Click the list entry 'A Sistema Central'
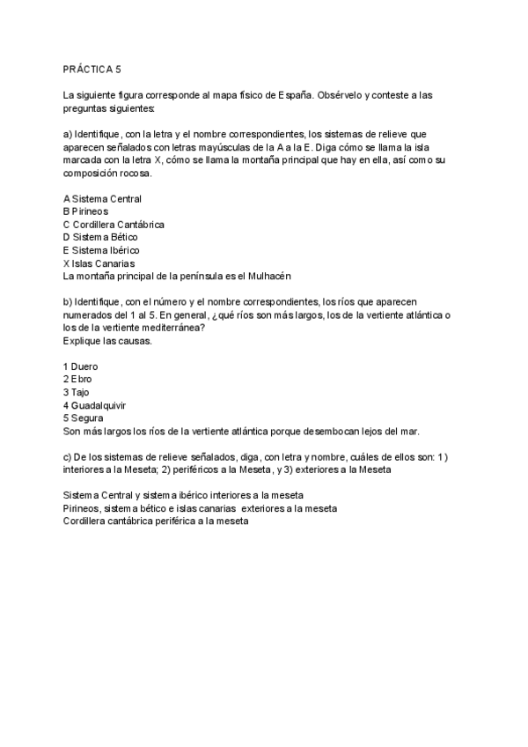coord(102,199)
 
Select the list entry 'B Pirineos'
coord(85,211)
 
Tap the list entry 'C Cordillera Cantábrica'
coord(114,225)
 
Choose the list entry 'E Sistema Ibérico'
coord(101,250)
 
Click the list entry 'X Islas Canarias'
coord(99,263)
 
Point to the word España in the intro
coord(290,94)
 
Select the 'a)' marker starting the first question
coord(68,133)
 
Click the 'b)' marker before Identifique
coord(68,302)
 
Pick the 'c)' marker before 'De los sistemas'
coord(68,456)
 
